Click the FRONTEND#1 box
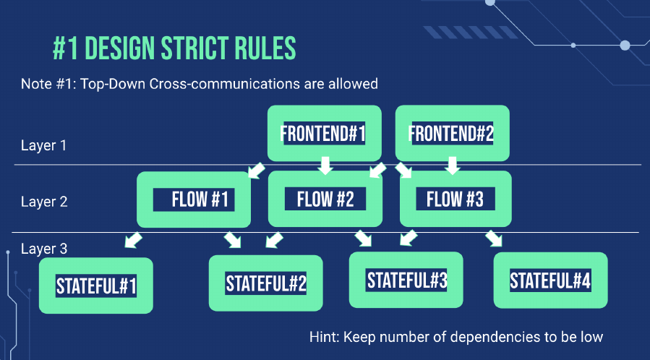point(324,133)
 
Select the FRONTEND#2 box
point(453,133)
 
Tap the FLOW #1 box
point(194,200)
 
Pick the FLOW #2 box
point(325,199)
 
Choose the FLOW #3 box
point(456,199)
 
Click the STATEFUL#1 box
point(95,286)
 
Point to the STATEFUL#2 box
point(266,283)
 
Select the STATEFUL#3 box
point(406,280)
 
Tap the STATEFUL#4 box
point(550,280)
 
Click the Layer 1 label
point(43,145)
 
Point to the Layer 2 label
point(44,202)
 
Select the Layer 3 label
point(44,249)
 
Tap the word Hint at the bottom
point(324,337)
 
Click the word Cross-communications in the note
point(224,84)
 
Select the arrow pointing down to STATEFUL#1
point(133,240)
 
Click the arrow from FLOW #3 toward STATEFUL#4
point(494,239)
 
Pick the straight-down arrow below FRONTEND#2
point(453,166)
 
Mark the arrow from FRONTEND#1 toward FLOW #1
point(257,170)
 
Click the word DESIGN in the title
point(120,48)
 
